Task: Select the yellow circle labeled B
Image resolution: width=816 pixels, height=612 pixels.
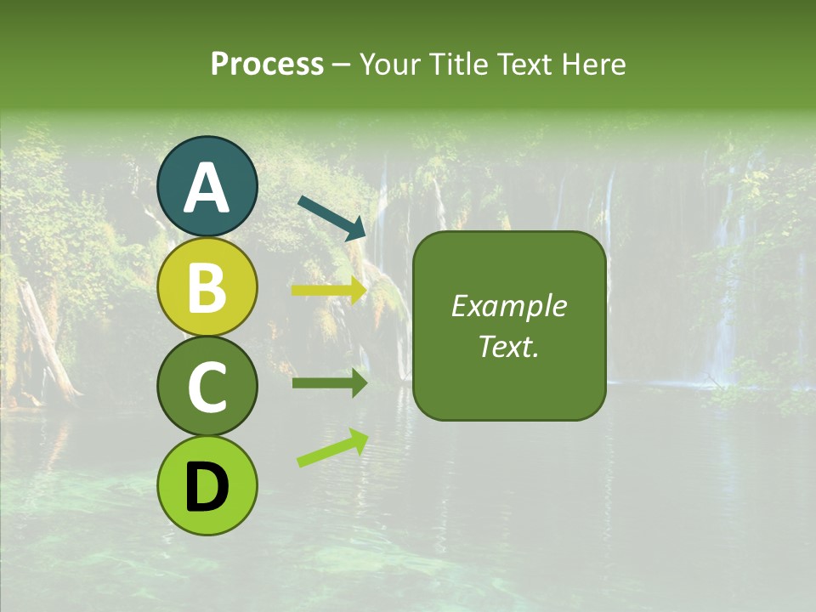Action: (207, 289)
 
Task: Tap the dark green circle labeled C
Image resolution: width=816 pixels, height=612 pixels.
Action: (207, 387)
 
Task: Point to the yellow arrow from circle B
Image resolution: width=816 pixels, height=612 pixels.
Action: (329, 291)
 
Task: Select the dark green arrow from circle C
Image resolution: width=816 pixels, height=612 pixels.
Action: (329, 383)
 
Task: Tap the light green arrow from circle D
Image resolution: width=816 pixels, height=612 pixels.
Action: (332, 448)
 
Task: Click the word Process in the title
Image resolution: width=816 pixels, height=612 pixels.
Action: (267, 64)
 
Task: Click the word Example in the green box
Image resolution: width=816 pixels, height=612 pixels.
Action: (508, 306)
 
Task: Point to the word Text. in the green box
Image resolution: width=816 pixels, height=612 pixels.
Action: (508, 347)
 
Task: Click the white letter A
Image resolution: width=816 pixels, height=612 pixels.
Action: (207, 187)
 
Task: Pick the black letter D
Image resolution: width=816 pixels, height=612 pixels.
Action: (207, 487)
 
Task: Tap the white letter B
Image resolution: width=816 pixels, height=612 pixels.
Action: (207, 287)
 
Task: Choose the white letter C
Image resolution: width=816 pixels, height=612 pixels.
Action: (207, 387)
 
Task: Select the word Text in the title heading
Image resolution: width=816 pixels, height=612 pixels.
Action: (524, 64)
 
